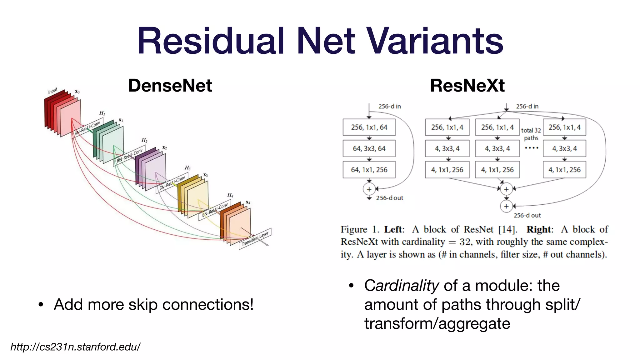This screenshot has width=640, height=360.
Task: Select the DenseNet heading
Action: click(170, 85)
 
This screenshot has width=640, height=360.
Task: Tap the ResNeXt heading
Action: click(467, 85)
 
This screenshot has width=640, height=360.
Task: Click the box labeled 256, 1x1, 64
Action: click(369, 127)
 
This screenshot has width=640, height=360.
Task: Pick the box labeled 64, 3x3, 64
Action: click(369, 148)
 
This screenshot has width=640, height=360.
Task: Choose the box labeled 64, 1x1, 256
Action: click(369, 170)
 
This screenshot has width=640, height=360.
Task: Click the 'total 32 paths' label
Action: click(531, 134)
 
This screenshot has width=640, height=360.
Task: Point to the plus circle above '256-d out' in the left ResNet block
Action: click(369, 189)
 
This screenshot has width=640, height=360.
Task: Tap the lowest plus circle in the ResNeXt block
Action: click(506, 206)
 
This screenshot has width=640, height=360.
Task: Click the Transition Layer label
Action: click(255, 238)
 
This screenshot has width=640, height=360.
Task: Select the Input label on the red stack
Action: click(52, 91)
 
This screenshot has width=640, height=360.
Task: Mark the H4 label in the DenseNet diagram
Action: click(230, 195)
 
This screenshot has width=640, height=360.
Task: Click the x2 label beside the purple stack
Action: click(165, 147)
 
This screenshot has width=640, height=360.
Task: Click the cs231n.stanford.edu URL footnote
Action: click(75, 347)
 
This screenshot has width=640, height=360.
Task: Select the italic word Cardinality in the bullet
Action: click(402, 285)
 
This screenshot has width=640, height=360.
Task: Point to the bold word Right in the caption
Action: click(539, 229)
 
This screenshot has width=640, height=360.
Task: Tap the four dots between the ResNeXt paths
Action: click(531, 148)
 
